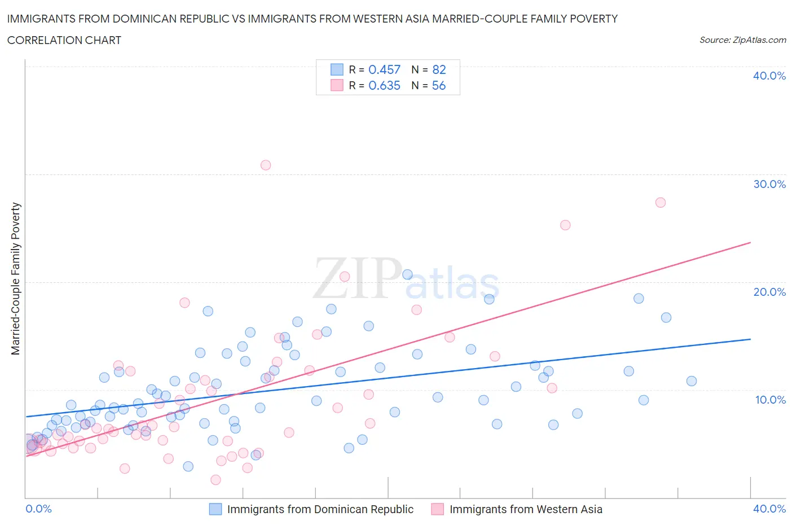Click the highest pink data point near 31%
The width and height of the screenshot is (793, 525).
click(x=266, y=165)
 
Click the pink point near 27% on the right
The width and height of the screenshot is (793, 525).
click(x=660, y=202)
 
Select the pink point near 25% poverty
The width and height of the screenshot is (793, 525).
click(x=565, y=225)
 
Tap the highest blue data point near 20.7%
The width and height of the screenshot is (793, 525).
click(x=407, y=274)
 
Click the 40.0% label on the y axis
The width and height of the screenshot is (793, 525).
click(x=769, y=76)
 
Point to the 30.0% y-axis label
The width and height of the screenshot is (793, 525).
click(x=769, y=184)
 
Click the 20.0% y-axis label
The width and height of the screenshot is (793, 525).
click(x=769, y=292)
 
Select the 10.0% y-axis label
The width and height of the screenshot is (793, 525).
click(x=769, y=400)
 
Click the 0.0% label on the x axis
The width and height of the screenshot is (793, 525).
click(x=39, y=509)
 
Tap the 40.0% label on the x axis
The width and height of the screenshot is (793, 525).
click(x=769, y=509)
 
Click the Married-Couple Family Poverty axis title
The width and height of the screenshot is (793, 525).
click(x=16, y=279)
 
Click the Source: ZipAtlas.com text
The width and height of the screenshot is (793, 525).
click(x=742, y=40)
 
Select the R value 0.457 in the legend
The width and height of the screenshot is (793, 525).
click(x=384, y=69)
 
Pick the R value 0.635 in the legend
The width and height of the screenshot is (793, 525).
click(x=384, y=85)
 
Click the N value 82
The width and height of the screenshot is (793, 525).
click(x=439, y=69)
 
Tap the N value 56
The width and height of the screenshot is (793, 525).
click(x=439, y=85)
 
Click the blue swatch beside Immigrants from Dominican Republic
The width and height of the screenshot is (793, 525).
click(x=215, y=509)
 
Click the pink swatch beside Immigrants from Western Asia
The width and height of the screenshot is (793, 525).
click(x=438, y=509)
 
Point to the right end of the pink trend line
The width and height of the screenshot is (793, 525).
click(x=750, y=242)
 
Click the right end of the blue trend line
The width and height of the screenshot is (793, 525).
click(x=750, y=339)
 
